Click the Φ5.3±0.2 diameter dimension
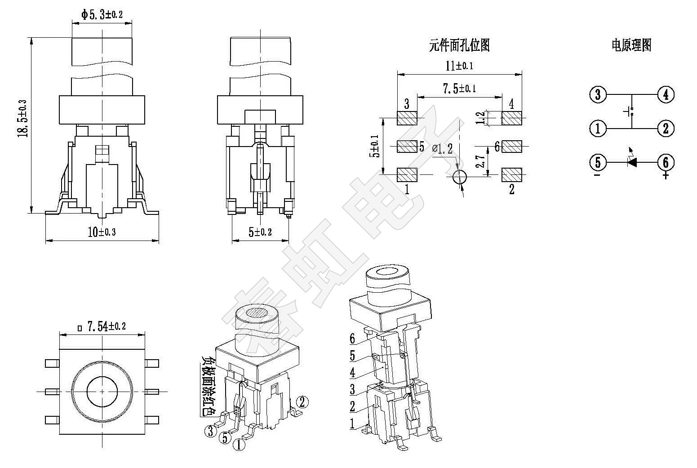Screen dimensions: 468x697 (102, 15)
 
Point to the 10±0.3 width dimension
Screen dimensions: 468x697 (102, 232)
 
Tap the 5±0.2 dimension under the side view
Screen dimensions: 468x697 (260, 232)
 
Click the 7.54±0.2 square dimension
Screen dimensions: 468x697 (102, 327)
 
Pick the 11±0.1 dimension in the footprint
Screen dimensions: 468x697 (459, 66)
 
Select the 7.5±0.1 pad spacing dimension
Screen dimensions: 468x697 (459, 89)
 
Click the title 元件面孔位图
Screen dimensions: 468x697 (459, 45)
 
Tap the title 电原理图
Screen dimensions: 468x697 (631, 45)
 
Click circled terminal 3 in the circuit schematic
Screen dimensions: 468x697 (598, 95)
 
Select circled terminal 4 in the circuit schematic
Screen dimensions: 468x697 (666, 95)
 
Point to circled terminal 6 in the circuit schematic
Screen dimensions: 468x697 (666, 162)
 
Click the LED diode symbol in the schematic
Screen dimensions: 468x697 (632, 162)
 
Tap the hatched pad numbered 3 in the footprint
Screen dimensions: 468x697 (407, 118)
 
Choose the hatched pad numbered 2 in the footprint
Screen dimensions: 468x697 (511, 175)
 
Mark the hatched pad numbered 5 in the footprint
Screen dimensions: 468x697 (407, 147)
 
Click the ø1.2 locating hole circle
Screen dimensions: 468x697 (459, 177)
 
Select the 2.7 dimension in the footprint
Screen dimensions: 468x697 (480, 161)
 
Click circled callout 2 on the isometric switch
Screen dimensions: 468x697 (302, 401)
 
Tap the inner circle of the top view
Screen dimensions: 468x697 (102, 392)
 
